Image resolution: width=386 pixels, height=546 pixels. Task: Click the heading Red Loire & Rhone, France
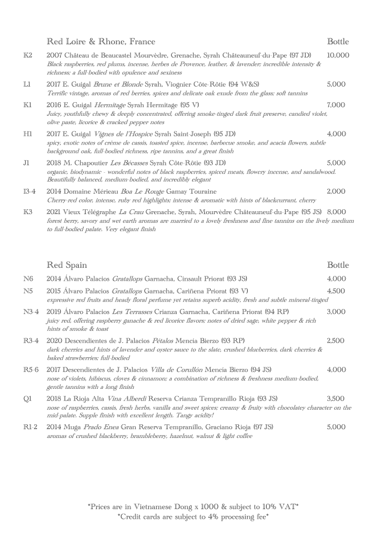click(x=101, y=41)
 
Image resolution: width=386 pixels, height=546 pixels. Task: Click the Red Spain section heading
click(x=67, y=265)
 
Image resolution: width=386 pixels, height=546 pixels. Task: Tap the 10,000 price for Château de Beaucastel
click(x=338, y=55)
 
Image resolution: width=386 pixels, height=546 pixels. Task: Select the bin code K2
click(x=28, y=55)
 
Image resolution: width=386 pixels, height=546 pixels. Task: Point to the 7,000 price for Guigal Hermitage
click(x=336, y=105)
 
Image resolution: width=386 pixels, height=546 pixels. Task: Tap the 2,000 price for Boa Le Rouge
click(x=336, y=192)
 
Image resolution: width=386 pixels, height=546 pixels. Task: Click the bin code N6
click(x=28, y=279)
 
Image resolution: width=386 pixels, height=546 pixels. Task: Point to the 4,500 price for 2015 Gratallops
click(x=336, y=291)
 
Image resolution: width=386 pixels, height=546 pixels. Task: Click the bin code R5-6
click(x=30, y=369)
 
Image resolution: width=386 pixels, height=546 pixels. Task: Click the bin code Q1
click(x=27, y=398)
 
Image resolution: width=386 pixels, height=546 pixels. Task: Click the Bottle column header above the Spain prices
click(x=338, y=265)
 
